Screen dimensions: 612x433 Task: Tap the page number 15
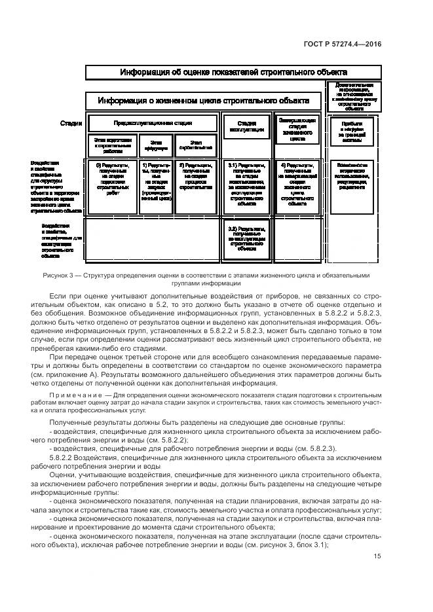click(377, 556)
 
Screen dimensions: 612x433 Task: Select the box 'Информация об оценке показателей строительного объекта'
click(233, 73)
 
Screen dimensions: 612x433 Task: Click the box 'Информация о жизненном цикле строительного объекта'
click(203, 101)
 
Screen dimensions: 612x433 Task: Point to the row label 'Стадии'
click(71, 123)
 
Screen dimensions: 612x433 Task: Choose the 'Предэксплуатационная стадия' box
click(153, 123)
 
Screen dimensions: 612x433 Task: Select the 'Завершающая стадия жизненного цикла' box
click(297, 129)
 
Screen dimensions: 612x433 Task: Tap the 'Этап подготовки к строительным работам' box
click(113, 145)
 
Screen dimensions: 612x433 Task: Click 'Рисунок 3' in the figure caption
click(60, 276)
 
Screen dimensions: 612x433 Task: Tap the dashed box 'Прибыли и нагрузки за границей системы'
click(350, 130)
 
